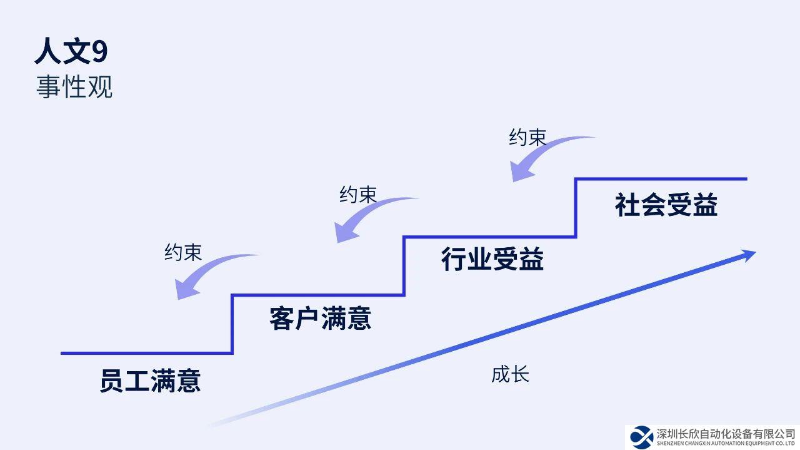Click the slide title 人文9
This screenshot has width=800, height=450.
71,51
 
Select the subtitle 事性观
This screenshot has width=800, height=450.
74,87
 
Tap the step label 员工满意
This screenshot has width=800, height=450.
150,381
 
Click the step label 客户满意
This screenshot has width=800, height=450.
321,318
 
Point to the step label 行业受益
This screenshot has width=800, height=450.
492,259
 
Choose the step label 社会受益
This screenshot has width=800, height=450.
666,205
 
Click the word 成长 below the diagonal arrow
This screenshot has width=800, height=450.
510,374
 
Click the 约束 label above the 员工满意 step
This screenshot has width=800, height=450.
183,252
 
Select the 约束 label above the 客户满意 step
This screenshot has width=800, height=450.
358,195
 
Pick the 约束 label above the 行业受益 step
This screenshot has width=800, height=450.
527,138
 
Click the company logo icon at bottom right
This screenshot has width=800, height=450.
641,436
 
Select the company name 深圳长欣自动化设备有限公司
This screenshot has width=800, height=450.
726,434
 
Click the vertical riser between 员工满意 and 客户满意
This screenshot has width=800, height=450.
232,324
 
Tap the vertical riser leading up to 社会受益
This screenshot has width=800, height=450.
576,208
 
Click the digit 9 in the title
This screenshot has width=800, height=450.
100,51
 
